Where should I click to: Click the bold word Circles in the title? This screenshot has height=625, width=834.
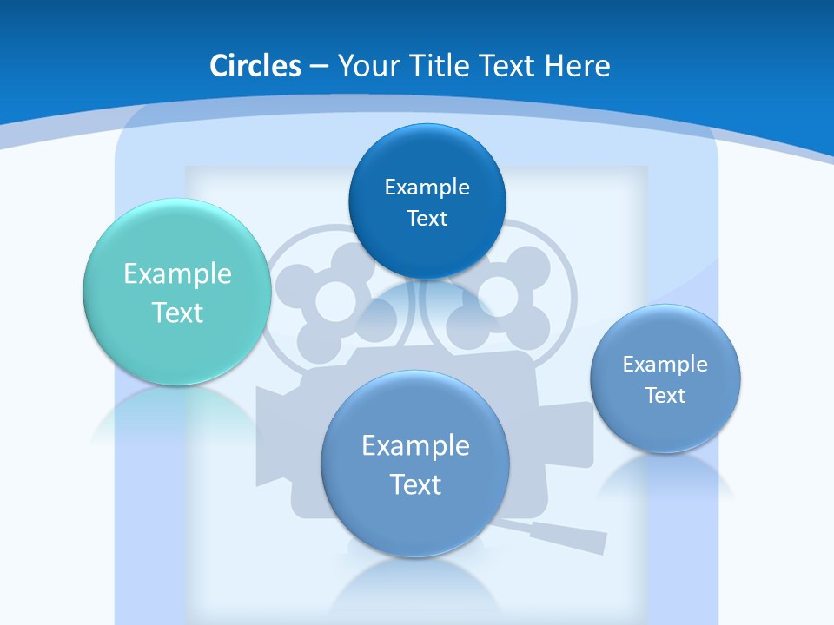[255, 66]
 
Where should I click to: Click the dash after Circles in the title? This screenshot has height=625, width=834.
[319, 67]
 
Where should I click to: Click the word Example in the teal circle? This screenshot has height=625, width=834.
[177, 274]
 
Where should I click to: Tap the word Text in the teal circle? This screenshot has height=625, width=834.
[177, 312]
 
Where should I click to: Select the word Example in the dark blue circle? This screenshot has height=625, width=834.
[427, 187]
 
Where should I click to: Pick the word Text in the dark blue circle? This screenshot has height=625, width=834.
[427, 219]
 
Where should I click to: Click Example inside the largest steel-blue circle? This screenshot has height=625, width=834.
[415, 446]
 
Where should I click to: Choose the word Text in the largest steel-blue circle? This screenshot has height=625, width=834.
[415, 484]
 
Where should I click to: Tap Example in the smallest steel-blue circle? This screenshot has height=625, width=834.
[665, 365]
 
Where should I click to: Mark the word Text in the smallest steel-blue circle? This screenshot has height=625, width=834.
[665, 396]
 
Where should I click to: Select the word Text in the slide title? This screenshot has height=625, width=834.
[506, 66]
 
